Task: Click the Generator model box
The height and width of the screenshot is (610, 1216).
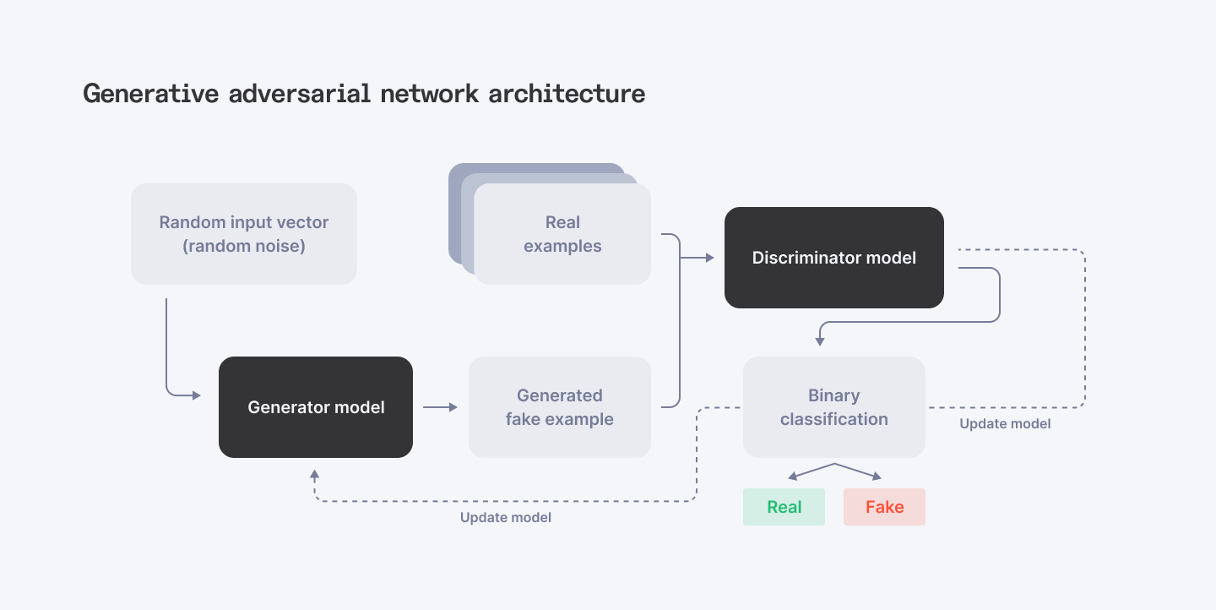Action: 316,407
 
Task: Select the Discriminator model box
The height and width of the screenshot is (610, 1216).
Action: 833,258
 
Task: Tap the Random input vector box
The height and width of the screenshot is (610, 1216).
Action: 243,234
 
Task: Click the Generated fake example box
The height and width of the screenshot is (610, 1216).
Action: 559,407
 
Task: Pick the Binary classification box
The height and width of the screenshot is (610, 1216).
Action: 833,407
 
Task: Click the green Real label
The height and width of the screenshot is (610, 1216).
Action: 784,507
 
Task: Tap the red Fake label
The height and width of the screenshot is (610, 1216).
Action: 884,507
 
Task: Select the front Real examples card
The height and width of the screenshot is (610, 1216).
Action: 562,234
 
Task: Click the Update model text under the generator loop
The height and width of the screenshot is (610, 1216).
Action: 505,517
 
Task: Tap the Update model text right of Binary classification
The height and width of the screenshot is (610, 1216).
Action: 1005,423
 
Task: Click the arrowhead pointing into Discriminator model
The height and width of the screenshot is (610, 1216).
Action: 708,258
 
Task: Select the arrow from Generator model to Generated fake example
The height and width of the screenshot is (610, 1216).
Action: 440,407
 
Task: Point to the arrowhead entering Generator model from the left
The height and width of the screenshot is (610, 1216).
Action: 196,395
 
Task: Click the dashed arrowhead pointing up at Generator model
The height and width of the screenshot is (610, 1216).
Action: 314,476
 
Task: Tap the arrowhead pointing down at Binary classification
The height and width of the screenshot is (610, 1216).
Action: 819,340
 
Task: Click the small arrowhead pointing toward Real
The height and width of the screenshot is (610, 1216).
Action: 793,477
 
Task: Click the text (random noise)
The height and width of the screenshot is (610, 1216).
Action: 243,247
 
